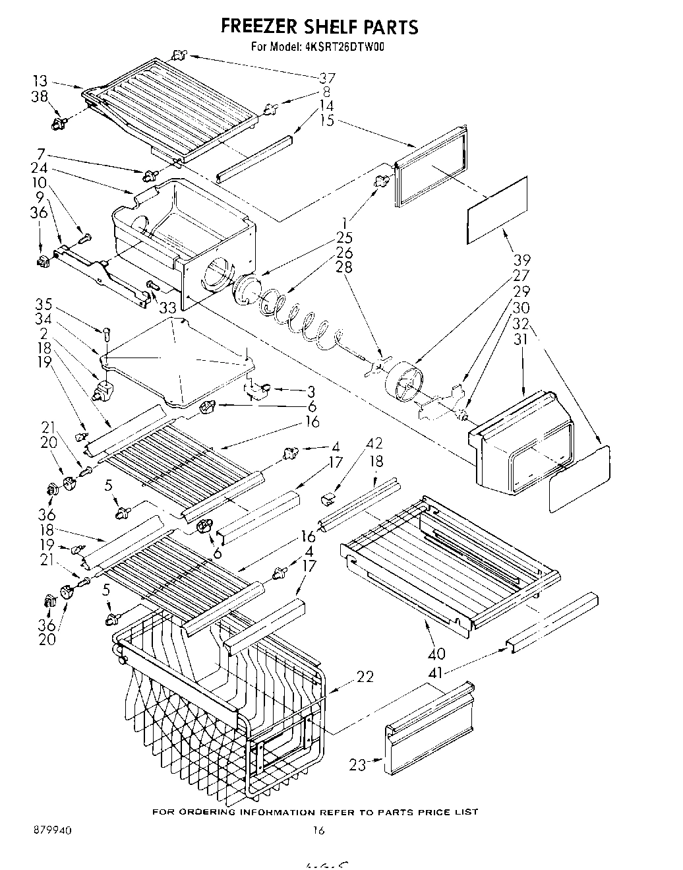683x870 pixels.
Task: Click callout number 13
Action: [40, 81]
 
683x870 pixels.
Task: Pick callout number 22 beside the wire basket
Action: [365, 676]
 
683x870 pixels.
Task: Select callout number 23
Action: [357, 765]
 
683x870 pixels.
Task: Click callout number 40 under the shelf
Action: [436, 654]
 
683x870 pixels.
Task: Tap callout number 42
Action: [374, 444]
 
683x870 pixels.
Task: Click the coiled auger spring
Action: [297, 317]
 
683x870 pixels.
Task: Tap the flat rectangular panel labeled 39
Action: [498, 210]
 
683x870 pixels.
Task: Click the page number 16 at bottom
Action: [318, 831]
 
